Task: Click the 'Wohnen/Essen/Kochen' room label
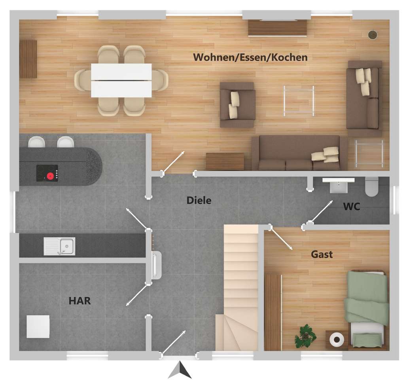tap(250, 57)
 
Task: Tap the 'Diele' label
tap(199, 201)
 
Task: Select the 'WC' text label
tap(351, 207)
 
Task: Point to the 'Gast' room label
tap(322, 254)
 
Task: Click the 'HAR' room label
tap(79, 301)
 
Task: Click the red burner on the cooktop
tap(50, 176)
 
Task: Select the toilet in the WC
tap(372, 187)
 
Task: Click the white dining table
tap(121, 80)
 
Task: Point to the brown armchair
tap(237, 104)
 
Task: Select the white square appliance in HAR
tap(38, 326)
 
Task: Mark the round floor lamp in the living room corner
tap(372, 35)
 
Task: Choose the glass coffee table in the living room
tap(299, 101)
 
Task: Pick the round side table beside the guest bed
tap(337, 339)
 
